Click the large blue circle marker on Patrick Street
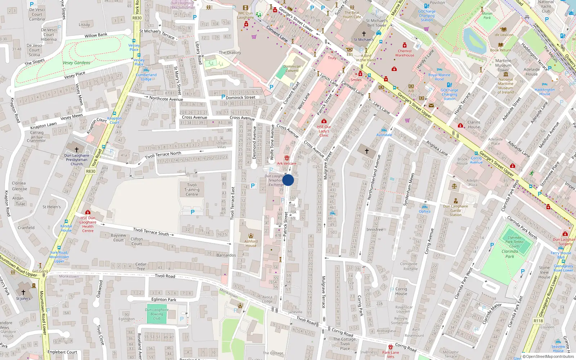coord(288,180)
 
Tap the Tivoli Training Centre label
coord(192,190)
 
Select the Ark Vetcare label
coord(287,163)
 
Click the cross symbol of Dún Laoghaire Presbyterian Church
coord(76,149)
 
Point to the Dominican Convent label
coord(292,68)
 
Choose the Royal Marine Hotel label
coord(439,77)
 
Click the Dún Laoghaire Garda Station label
coord(455,211)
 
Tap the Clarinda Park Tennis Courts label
coord(514,242)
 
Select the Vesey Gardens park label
coord(76,63)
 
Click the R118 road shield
coord(538,321)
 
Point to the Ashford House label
coord(251,243)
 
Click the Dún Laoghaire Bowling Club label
coord(157,314)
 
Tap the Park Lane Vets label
coord(391,355)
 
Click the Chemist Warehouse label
coord(405,53)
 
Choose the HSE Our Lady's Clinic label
coord(324,131)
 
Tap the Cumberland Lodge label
coord(146,77)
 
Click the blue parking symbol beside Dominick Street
coord(223,97)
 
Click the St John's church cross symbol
coord(23,292)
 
